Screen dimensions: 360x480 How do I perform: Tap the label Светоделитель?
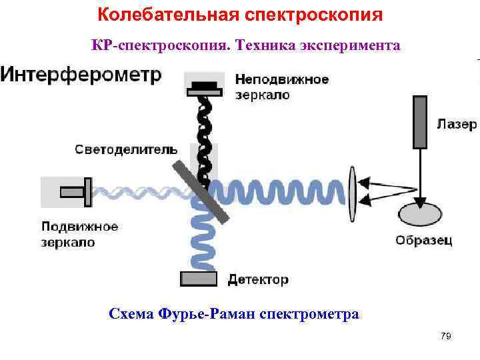126,149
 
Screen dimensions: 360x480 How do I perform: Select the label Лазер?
457,124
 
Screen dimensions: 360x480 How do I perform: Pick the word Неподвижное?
282,79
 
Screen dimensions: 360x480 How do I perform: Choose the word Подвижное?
79,227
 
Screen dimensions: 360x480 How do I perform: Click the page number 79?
446,336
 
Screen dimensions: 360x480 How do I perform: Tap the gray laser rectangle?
420,122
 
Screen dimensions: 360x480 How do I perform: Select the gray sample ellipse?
420,213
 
